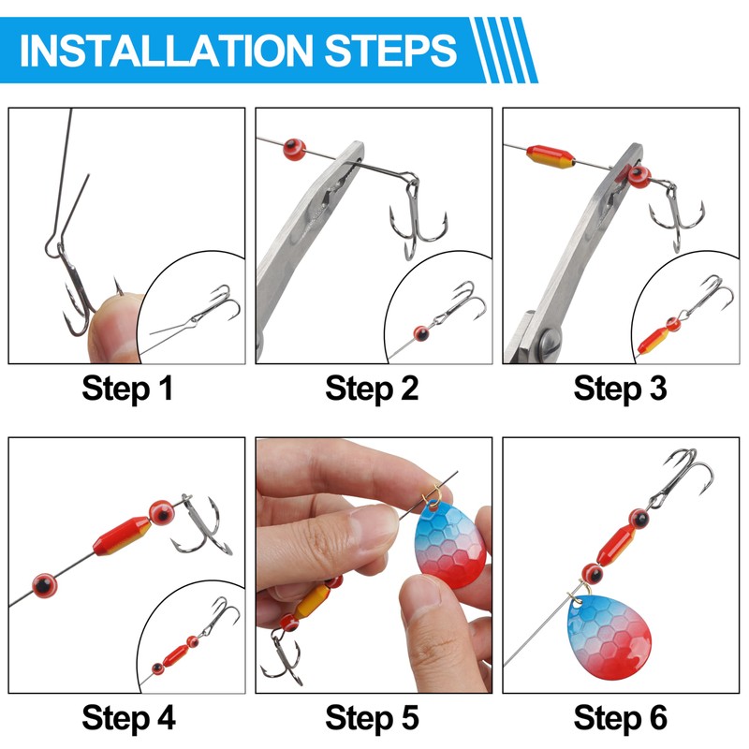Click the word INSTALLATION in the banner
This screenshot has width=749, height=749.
167,51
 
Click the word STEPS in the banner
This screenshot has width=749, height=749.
390,51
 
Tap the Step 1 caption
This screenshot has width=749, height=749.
127,389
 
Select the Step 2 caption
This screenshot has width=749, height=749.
372,389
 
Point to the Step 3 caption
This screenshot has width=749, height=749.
620,389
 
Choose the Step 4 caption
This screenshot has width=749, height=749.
128,718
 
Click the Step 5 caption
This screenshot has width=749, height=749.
372,718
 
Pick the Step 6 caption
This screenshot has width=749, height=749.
620,718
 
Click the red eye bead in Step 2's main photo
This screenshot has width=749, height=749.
294,150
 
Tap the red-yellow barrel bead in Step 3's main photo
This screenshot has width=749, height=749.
551,156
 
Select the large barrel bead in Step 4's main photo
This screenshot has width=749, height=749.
123,536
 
